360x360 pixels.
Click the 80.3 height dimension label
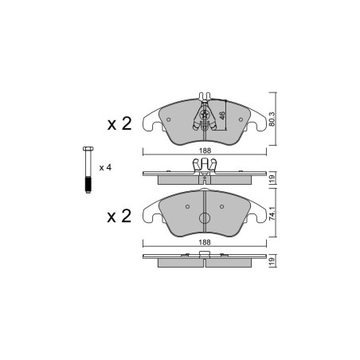(x=273, y=119)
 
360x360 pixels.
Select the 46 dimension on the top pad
(x=222, y=115)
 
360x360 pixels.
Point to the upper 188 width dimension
(x=205, y=151)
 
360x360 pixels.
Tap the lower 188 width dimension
(x=205, y=242)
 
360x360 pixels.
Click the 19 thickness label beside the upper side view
(x=273, y=178)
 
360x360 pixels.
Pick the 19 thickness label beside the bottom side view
(x=273, y=260)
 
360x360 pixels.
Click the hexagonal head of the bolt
(x=88, y=148)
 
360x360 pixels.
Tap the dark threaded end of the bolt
(x=88, y=184)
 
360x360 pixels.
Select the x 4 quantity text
(x=105, y=168)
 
